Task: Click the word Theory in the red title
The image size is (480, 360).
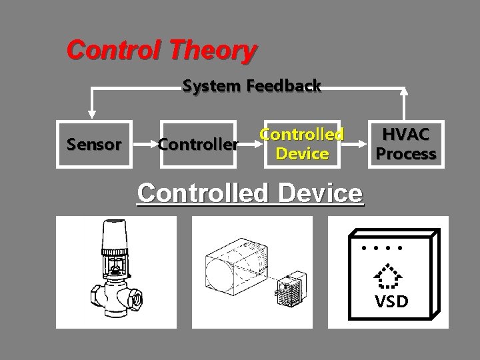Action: (x=217, y=49)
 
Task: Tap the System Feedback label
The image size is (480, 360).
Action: (x=251, y=86)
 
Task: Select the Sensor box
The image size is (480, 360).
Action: (x=93, y=143)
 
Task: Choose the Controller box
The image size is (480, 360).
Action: (x=197, y=143)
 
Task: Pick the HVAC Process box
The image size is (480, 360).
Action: (x=405, y=144)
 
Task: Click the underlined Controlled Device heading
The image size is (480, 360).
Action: (x=251, y=193)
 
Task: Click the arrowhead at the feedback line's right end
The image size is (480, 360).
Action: (x=405, y=93)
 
